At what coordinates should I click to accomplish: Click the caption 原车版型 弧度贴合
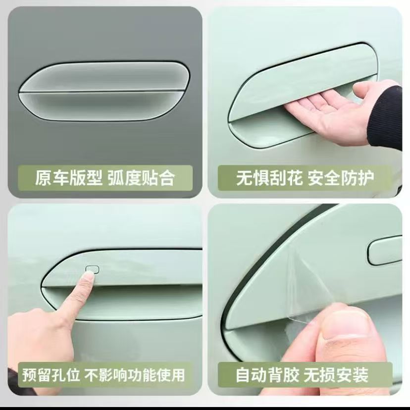coord(105,178)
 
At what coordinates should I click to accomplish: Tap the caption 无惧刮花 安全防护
coord(305,178)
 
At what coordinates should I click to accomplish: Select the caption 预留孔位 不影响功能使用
coord(103,375)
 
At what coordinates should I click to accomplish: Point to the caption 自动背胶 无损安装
coord(302,375)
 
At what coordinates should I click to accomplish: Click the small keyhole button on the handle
coord(93,269)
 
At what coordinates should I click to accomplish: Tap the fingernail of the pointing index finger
coord(90,276)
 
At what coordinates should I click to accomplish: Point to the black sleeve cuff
coord(386,118)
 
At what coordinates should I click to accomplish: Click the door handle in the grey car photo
coord(104,91)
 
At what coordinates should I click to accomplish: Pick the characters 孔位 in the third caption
coord(65,375)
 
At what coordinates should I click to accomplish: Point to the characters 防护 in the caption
coord(358,178)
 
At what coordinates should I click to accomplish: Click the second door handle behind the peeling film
coord(385,251)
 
